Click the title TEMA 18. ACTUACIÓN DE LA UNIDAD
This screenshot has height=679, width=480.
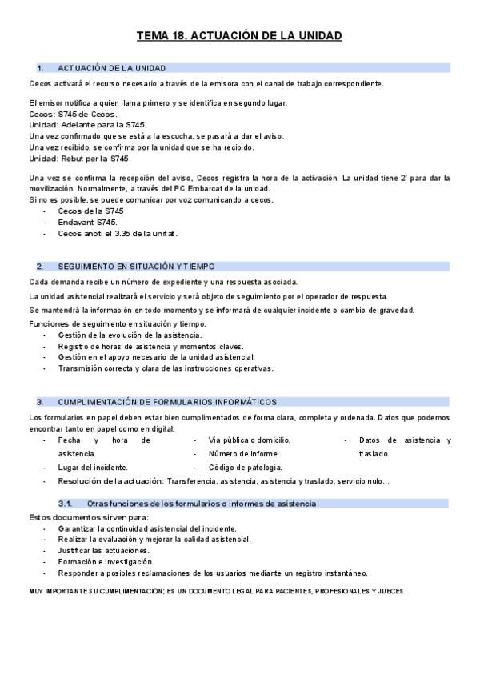tap(239, 36)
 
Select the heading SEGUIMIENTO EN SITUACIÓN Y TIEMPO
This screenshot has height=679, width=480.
tap(136, 267)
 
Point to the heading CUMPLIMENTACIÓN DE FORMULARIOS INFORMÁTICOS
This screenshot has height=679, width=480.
tap(167, 402)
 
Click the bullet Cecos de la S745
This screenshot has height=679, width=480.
tap(90, 211)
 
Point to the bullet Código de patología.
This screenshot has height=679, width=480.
tap(245, 467)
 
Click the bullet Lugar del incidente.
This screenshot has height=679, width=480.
tap(94, 467)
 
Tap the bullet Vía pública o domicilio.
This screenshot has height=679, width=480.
tap(249, 440)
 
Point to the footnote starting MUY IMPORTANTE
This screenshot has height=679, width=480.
tap(217, 591)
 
